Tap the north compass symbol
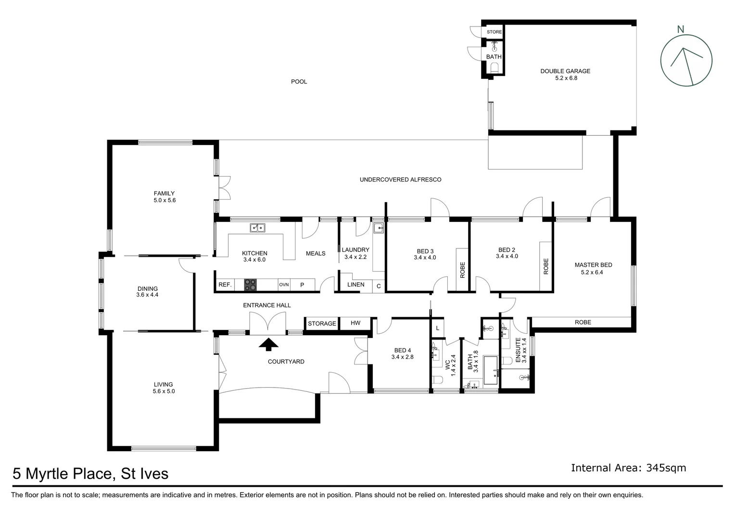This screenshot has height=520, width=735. tap(686, 61)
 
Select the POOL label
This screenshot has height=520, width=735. tap(299, 82)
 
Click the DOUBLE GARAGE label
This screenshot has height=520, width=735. tap(565, 71)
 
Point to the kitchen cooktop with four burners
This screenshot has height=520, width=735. tap(250, 285)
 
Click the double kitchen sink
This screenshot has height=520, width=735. tap(258, 228)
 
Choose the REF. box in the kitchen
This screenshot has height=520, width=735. tap(225, 285)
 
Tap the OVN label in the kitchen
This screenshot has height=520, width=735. tap(284, 285)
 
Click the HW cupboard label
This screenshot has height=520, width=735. tap(355, 323)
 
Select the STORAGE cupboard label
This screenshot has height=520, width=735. tap(322, 324)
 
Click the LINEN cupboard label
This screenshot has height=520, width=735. tap(356, 285)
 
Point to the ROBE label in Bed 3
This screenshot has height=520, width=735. tap(462, 270)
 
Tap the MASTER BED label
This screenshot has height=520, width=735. tap(593, 265)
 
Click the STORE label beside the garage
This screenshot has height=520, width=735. tap(494, 32)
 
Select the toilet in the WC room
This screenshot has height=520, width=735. tap(437, 380)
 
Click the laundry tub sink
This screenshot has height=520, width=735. tap(379, 228)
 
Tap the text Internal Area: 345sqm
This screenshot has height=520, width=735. tap(628, 468)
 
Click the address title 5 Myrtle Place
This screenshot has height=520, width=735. tap(90, 474)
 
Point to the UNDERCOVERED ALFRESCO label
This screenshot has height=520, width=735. tap(400, 180)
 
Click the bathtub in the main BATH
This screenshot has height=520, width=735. tap(490, 370)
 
